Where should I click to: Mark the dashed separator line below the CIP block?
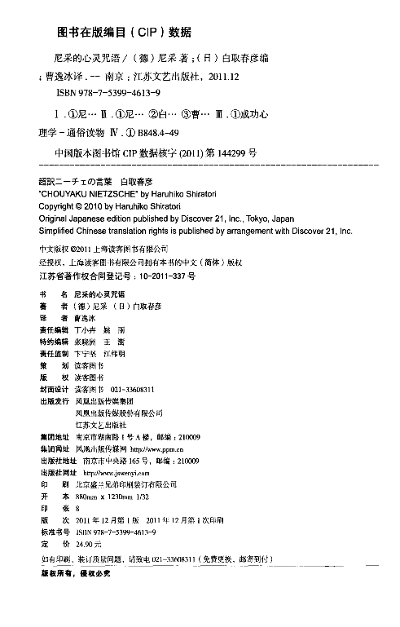(200, 166)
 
